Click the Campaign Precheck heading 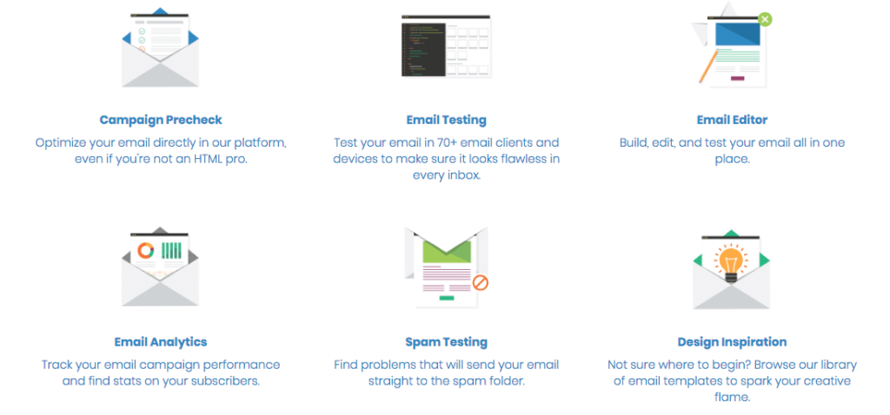point(161,120)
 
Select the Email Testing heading point(446,120)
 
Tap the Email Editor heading point(732,120)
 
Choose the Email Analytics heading point(161,342)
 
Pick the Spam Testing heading point(446,342)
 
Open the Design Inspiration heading point(732,342)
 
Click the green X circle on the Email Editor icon point(765,19)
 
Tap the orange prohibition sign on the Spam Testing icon point(481,282)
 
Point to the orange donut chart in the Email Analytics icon point(146,251)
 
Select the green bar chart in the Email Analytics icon point(171,251)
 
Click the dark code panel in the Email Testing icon point(423,49)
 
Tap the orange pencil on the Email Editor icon point(707,66)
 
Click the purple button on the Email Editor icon point(737,78)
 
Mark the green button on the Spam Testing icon point(447,298)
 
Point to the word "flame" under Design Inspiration point(732,397)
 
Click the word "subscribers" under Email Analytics point(224,380)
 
